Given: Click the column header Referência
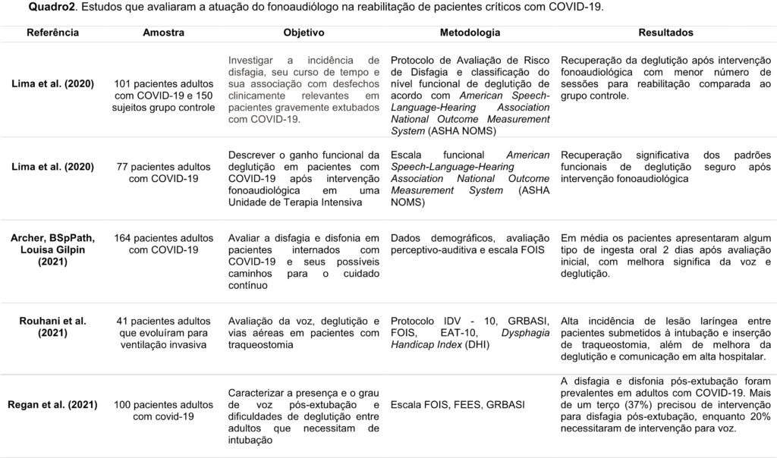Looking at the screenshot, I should (53, 33).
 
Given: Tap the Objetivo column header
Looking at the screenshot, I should (304, 33).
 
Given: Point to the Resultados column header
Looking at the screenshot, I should (665, 33).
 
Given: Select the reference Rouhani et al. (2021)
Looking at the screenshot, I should (53, 327).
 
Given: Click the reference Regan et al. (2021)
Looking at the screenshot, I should (53, 404).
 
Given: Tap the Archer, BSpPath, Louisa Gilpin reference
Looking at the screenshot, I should (53, 249).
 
